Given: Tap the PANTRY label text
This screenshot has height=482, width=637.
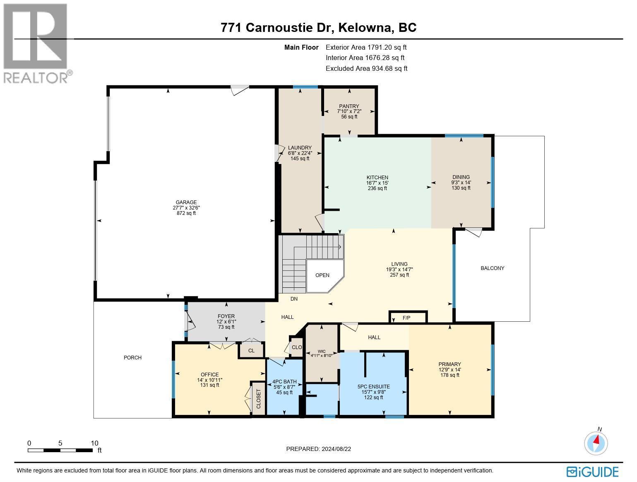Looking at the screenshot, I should [349, 106].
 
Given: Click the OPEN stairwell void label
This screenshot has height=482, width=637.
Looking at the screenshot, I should [322, 275].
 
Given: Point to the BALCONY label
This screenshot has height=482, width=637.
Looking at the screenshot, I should [492, 268].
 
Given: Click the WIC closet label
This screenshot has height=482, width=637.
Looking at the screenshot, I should [322, 351].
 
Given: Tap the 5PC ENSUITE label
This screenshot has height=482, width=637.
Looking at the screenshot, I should [373, 387].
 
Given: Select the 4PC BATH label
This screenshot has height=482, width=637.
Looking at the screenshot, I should [284, 382].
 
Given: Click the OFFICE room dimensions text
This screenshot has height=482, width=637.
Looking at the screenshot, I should [209, 380].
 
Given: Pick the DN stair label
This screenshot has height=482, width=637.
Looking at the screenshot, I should [294, 299].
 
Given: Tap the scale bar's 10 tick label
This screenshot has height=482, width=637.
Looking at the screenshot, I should [94, 443].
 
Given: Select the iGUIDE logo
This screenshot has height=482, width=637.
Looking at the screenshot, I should [593, 472].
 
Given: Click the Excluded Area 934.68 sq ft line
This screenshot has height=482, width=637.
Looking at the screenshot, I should [366, 68].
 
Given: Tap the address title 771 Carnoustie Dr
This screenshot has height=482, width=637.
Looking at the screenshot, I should [318, 27].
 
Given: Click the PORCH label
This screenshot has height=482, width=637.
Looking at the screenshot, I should [132, 357].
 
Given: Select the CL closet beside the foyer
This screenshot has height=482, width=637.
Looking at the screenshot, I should [251, 350].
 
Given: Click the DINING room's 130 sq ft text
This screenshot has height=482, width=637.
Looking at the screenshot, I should [461, 188].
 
